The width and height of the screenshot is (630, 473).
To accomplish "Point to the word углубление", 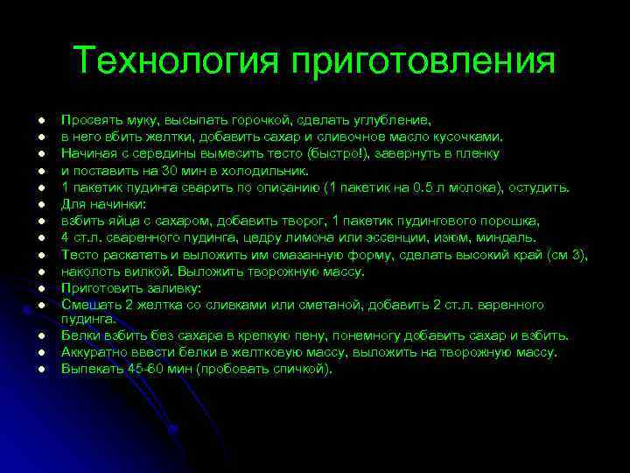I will (391, 121).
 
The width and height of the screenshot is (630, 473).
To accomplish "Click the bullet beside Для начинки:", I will (40, 204).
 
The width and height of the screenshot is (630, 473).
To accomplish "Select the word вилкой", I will (141, 271).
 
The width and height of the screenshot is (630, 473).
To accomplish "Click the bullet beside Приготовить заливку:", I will (40, 287).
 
